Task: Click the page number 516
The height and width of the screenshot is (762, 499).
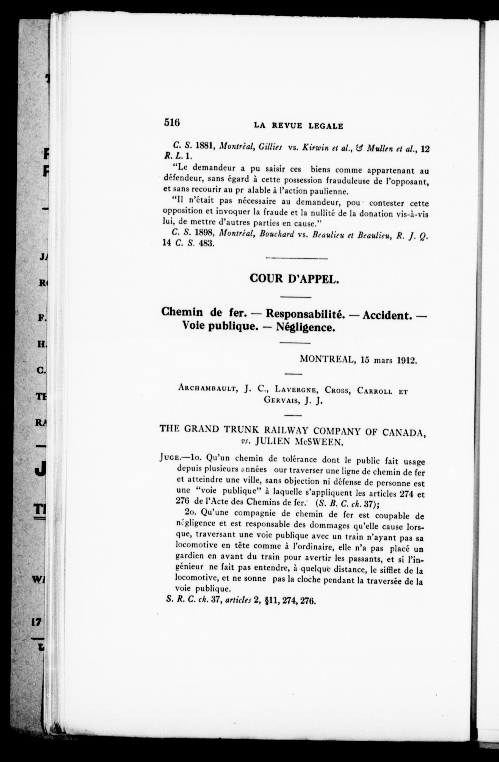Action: click(x=172, y=123)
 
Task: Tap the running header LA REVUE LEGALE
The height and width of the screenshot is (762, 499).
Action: click(x=298, y=126)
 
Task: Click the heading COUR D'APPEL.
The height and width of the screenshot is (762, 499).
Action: click(x=294, y=279)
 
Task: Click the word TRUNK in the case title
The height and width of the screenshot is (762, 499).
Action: click(x=241, y=430)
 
